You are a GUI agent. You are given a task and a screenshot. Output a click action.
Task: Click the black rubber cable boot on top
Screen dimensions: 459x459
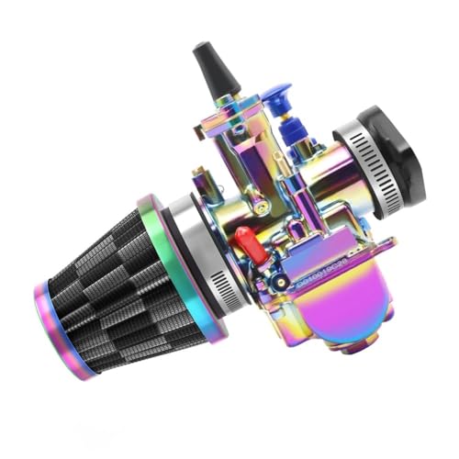coord(213,73)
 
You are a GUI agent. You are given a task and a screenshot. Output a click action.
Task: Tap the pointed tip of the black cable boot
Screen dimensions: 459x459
coord(199,47)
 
